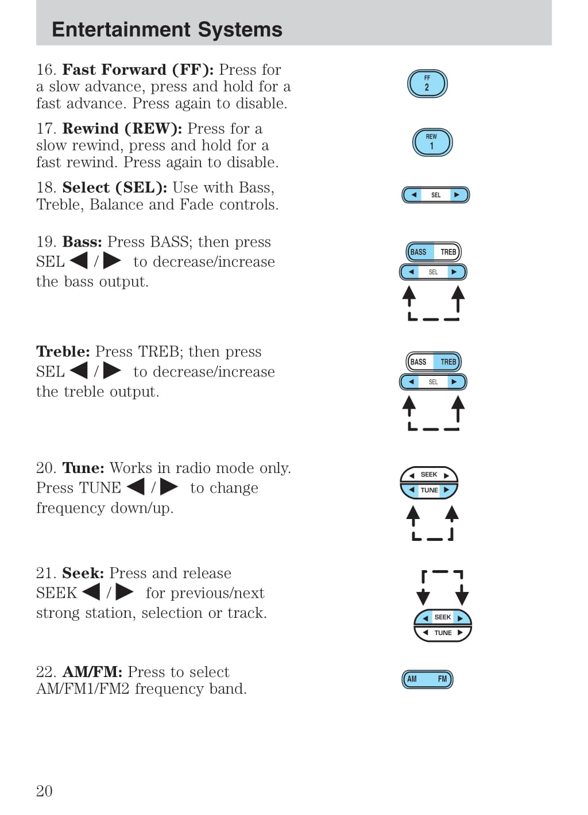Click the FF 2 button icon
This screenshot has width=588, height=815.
pos(427,84)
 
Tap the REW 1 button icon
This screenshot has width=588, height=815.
pos(432,143)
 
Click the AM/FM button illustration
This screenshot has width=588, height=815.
pos(427,679)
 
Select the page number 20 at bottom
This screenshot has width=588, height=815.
pos(44,791)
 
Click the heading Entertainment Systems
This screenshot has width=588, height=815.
pos(167,29)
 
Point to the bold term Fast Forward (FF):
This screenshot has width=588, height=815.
pos(138,70)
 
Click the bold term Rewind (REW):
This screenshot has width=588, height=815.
pos(122,129)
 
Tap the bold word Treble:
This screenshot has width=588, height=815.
pos(63,352)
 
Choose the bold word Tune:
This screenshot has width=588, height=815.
pos(83,468)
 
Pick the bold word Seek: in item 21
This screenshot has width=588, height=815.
pos(83,574)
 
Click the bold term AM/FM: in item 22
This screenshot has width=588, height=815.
pos(92,672)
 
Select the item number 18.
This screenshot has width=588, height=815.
pos(45,188)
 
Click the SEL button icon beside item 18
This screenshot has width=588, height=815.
pos(435,195)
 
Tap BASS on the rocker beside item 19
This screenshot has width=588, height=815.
pos(419,252)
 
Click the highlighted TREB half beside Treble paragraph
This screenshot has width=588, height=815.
pos(448,362)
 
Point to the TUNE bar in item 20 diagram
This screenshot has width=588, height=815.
pos(429,490)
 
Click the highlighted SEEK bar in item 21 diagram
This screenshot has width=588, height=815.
pos(442,617)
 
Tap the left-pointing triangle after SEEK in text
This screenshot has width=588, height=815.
pos(91,592)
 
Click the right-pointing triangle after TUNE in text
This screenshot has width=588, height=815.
pos(169,487)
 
